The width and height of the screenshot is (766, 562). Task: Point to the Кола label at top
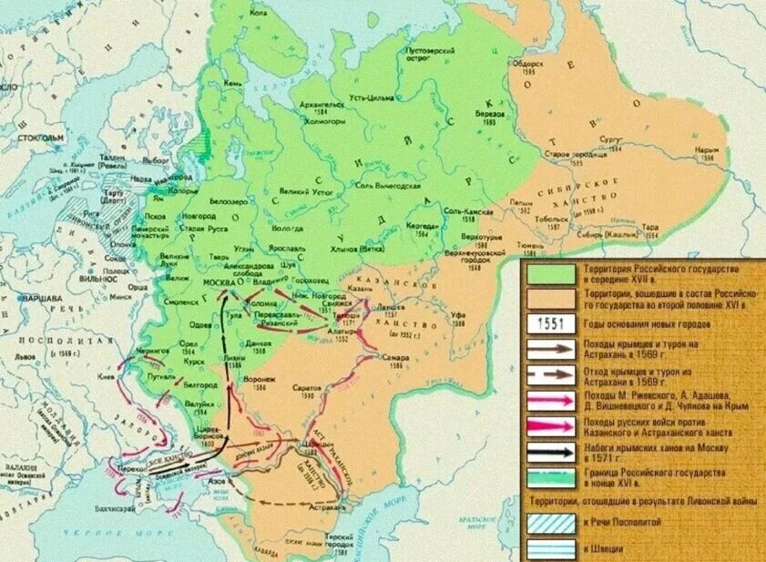tap(259, 14)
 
